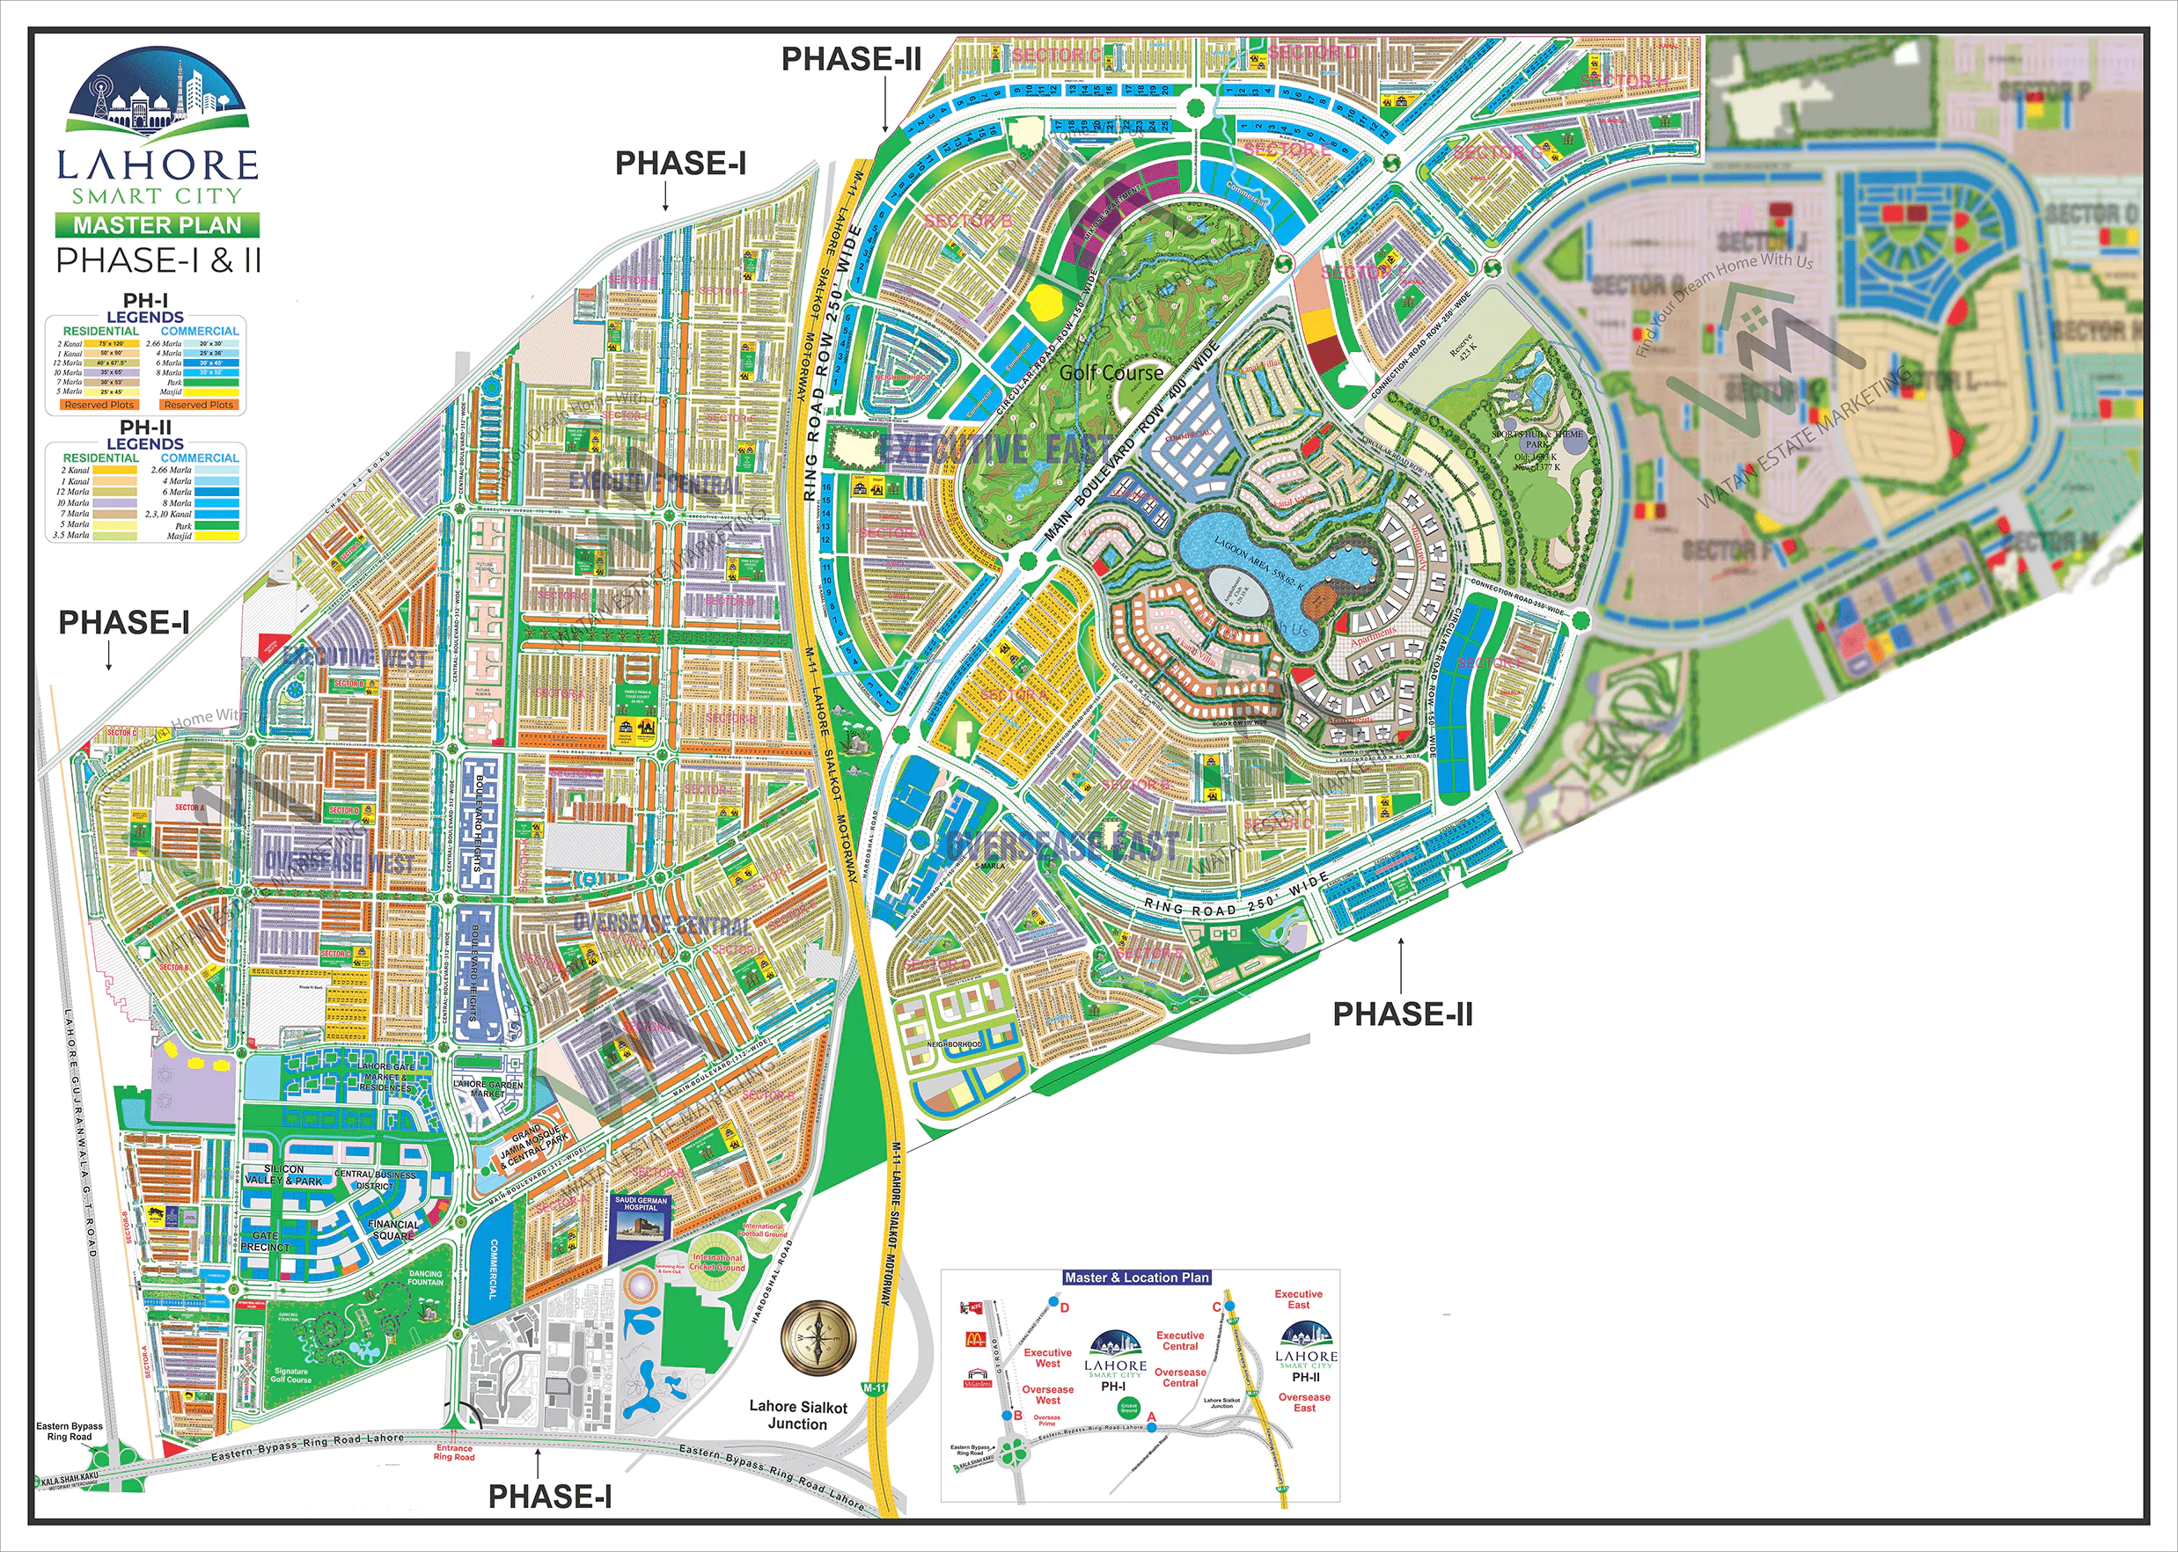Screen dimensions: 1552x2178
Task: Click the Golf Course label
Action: click(x=1111, y=374)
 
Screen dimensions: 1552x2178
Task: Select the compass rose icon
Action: click(x=818, y=1338)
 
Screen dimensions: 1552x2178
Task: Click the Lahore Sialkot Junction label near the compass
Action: click(x=798, y=1415)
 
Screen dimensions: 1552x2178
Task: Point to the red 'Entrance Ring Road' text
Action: click(x=454, y=1453)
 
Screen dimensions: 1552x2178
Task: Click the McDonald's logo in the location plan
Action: click(x=974, y=1340)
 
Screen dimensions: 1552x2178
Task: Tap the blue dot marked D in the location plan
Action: click(x=1054, y=1302)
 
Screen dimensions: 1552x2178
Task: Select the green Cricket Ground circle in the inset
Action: click(x=1129, y=1407)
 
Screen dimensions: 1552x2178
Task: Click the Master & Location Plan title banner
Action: click(x=1137, y=1277)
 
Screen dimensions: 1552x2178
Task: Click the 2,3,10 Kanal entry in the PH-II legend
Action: click(x=168, y=514)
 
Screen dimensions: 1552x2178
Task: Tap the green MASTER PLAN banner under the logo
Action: click(x=157, y=225)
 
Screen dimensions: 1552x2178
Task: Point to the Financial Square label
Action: click(x=392, y=1230)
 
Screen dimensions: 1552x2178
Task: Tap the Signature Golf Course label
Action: click(x=290, y=1375)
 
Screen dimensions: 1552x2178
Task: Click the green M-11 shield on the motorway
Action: click(x=875, y=1387)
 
